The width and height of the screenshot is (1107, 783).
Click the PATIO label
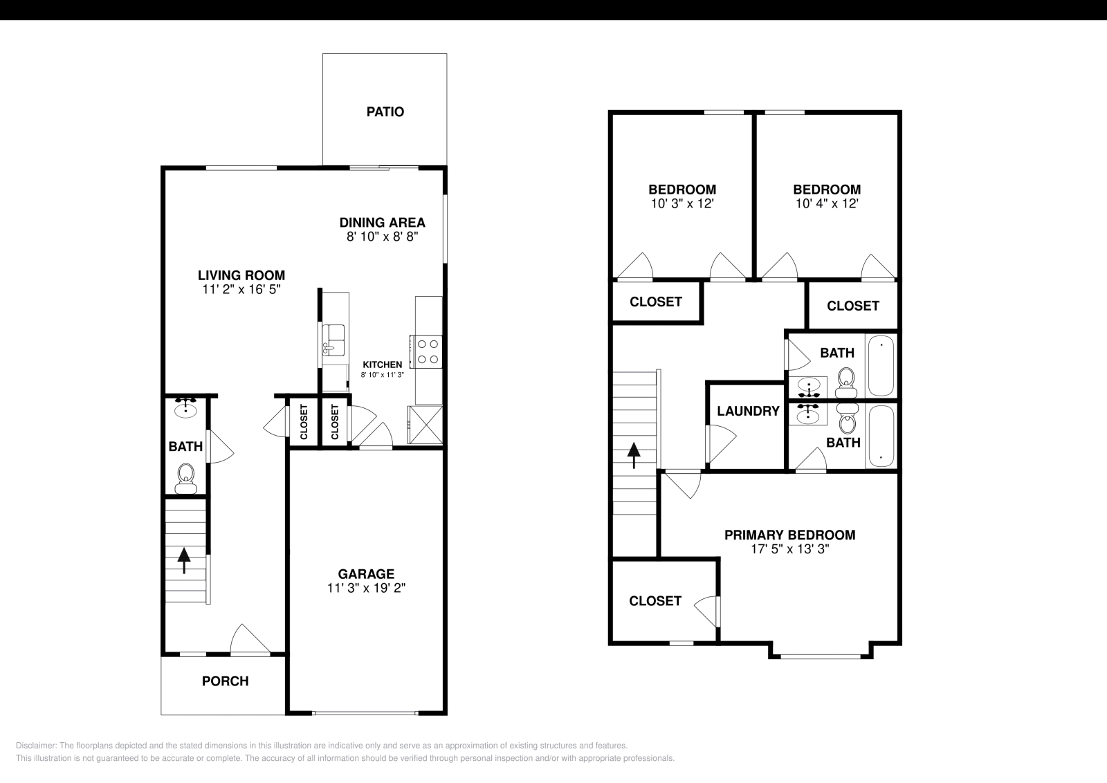pyautogui.click(x=385, y=111)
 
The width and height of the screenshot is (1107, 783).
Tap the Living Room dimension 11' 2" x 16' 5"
pyautogui.click(x=241, y=290)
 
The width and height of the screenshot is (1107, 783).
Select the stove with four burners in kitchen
pyautogui.click(x=426, y=351)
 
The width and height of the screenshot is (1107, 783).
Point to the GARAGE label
pyautogui.click(x=366, y=573)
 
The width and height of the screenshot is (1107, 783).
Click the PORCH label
pyautogui.click(x=225, y=681)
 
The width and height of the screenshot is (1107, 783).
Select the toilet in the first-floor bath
pyautogui.click(x=185, y=478)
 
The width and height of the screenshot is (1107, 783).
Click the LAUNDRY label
pyautogui.click(x=748, y=411)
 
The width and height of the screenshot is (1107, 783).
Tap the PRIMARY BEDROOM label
pyautogui.click(x=789, y=535)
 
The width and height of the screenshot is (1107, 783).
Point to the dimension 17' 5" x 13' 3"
pyautogui.click(x=789, y=549)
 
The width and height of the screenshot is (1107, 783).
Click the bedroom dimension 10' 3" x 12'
pyautogui.click(x=681, y=204)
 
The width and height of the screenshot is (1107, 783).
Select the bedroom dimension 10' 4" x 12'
pyautogui.click(x=827, y=204)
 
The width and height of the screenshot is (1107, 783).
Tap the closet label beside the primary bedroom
pyautogui.click(x=655, y=601)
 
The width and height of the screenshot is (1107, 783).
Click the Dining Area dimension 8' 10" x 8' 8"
pyautogui.click(x=383, y=237)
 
